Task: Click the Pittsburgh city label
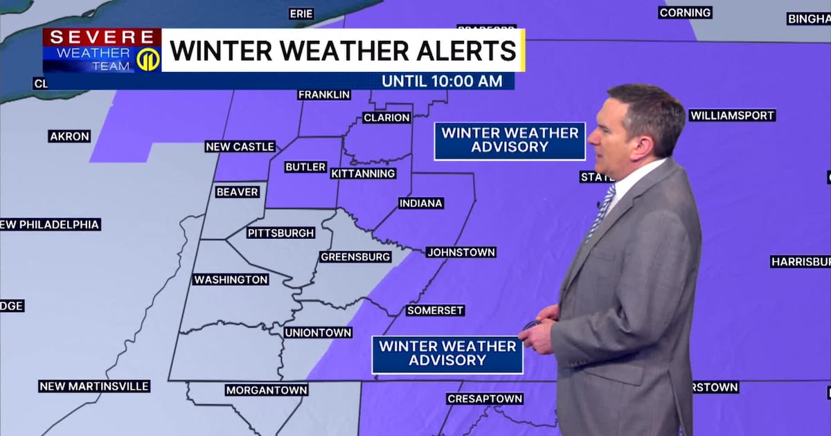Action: tap(280, 233)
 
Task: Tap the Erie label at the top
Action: tap(301, 14)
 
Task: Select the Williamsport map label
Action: tap(732, 116)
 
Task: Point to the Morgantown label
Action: tap(266, 390)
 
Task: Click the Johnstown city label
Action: tap(461, 253)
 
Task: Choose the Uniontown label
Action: tap(318, 333)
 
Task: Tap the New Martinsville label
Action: tap(94, 386)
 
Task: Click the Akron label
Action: tap(69, 136)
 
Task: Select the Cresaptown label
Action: tap(484, 399)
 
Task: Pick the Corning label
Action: tap(685, 12)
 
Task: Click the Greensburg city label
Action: tap(355, 257)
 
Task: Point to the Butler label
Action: tap(305, 167)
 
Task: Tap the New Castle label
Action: tap(240, 147)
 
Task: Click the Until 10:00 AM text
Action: tap(442, 81)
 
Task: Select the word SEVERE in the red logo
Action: tap(102, 38)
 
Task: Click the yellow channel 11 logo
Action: tap(148, 60)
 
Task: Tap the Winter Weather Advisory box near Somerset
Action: tap(447, 354)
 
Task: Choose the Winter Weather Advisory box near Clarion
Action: tap(510, 140)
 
